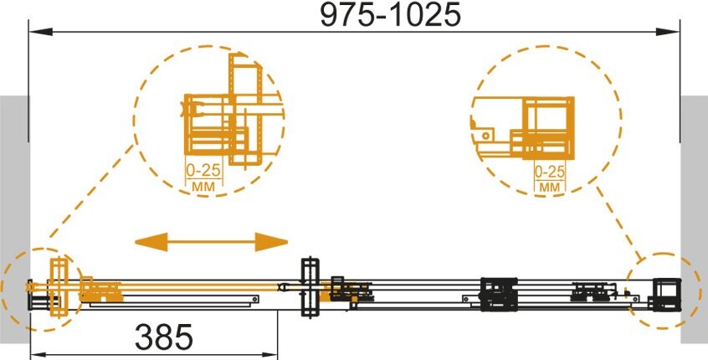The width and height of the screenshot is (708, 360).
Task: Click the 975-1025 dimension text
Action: [x=390, y=14]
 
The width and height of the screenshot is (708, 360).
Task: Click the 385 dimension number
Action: [x=163, y=337]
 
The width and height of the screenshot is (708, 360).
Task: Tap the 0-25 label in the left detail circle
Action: [x=203, y=170]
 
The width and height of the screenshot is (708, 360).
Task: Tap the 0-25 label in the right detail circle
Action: [x=550, y=172]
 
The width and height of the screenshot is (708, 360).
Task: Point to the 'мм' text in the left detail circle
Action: [x=203, y=186]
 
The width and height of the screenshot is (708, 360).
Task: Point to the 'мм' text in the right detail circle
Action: [x=550, y=187]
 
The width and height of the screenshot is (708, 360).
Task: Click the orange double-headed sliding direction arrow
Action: [x=212, y=242]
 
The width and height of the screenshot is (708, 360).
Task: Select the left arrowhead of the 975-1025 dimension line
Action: [x=41, y=32]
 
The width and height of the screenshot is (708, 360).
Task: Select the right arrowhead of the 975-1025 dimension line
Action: [x=667, y=32]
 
